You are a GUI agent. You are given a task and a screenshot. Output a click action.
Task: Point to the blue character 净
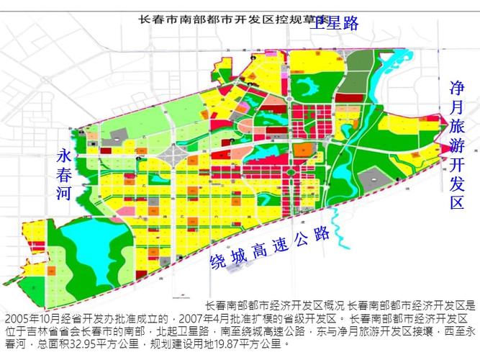(457, 89)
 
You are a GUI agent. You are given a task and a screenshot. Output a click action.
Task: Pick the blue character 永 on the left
(65, 156)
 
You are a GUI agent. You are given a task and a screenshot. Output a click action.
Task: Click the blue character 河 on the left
(65, 194)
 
